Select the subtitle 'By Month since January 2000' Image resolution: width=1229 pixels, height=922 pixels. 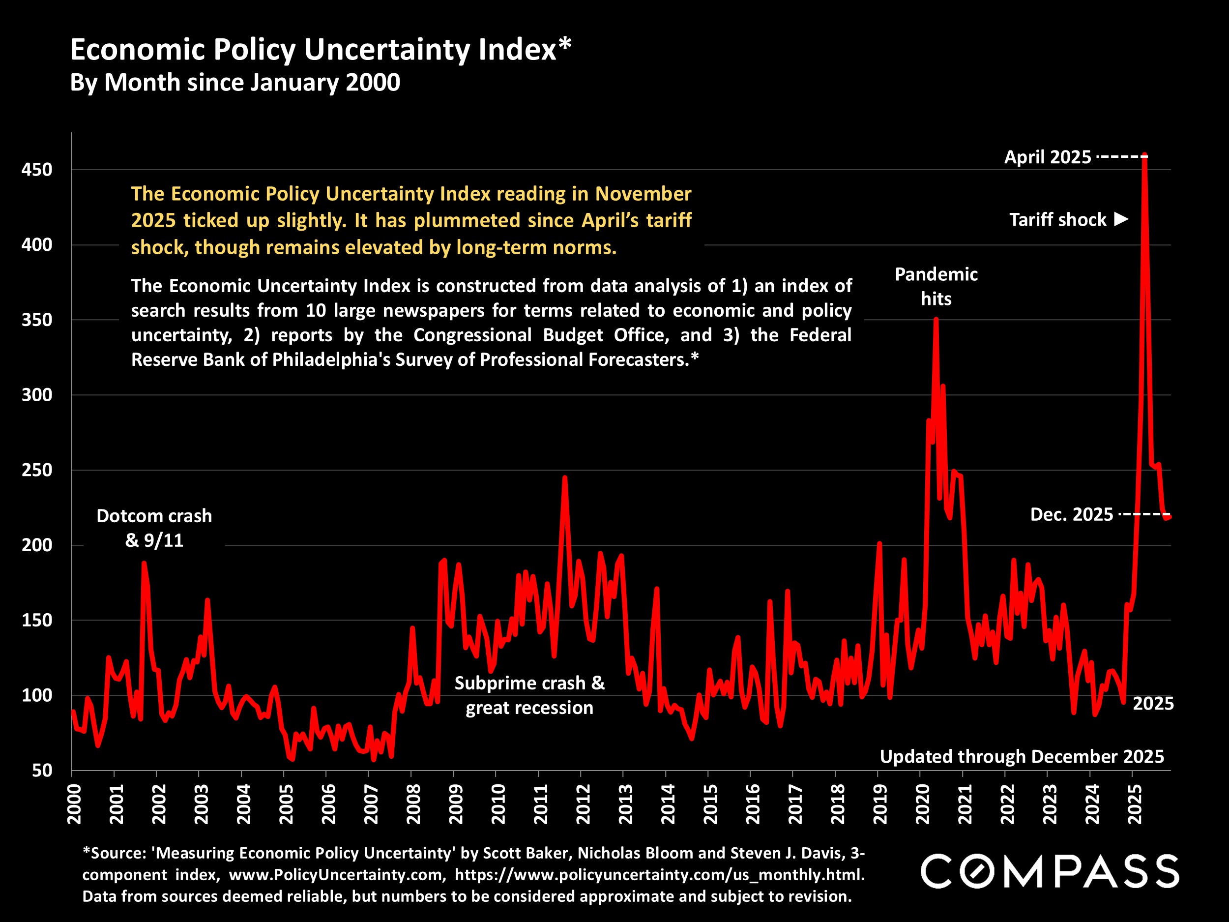pyautogui.click(x=234, y=83)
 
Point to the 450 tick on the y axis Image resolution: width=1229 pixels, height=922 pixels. pyautogui.click(x=37, y=170)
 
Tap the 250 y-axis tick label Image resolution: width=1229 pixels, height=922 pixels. pyautogui.click(x=37, y=470)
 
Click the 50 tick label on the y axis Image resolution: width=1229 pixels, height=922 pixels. pyautogui.click(x=42, y=770)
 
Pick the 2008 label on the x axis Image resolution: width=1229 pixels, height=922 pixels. pyautogui.click(x=413, y=803)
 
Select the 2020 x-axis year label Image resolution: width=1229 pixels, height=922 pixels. pyautogui.click(x=922, y=803)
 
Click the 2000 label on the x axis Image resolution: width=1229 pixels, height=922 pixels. pyautogui.click(x=74, y=803)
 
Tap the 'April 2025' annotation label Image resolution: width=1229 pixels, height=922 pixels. pyautogui.click(x=1047, y=157)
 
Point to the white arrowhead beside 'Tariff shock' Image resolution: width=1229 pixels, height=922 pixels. pyautogui.click(x=1122, y=219)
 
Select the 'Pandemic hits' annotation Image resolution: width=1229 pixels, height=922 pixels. pyautogui.click(x=936, y=286)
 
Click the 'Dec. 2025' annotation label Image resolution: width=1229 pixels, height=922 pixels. pyautogui.click(x=1071, y=515)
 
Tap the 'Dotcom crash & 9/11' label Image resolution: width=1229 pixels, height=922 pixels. pyautogui.click(x=154, y=528)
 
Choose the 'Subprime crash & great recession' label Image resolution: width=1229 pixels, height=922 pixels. pyautogui.click(x=529, y=695)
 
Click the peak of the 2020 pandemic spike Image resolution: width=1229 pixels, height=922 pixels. pyautogui.click(x=936, y=319)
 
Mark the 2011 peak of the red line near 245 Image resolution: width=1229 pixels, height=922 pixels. pyautogui.click(x=564, y=477)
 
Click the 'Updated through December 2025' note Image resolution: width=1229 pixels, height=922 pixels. pyautogui.click(x=1022, y=756)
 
